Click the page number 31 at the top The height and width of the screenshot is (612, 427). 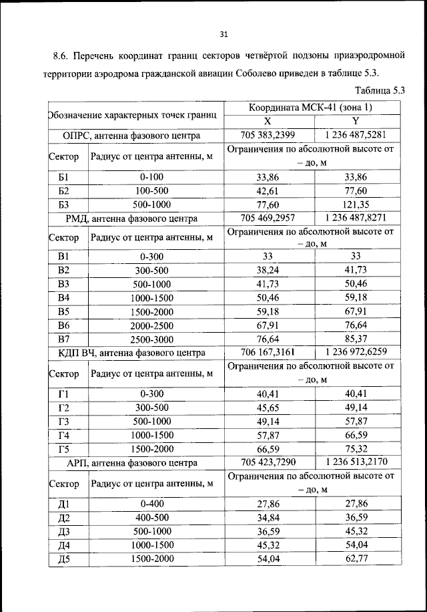(x=224, y=35)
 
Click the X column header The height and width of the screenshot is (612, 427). (x=267, y=121)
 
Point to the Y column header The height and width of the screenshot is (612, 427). (x=355, y=121)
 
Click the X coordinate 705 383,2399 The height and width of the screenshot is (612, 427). (x=267, y=135)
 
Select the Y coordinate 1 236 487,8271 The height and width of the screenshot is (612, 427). (x=355, y=217)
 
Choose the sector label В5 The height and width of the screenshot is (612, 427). (x=64, y=311)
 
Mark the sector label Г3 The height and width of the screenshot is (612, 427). (x=64, y=421)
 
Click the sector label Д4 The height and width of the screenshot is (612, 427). (x=64, y=545)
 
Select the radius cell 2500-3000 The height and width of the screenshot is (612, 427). (x=152, y=339)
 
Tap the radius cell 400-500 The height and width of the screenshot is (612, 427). (x=152, y=518)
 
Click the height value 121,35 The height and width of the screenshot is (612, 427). (x=355, y=204)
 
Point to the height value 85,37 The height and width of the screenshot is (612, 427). (x=355, y=339)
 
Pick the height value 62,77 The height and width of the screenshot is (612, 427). (x=355, y=559)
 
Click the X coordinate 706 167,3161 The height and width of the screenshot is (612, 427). (x=267, y=353)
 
